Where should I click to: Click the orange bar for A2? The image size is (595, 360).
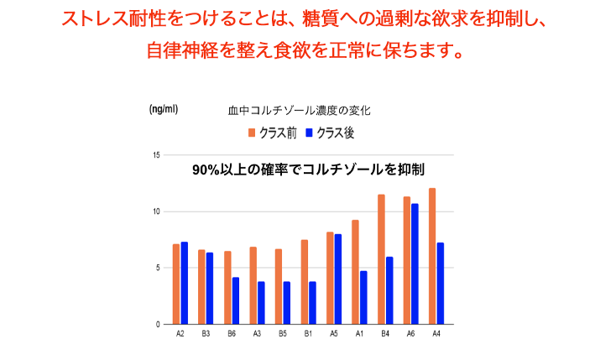(x=176, y=284)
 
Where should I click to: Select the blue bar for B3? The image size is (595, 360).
(x=210, y=288)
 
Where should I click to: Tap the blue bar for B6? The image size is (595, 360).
(x=236, y=300)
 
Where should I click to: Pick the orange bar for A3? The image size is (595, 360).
(x=253, y=285)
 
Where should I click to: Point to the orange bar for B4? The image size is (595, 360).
(x=381, y=259)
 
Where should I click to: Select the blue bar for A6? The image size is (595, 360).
(x=415, y=263)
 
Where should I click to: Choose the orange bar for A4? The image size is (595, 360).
(x=432, y=256)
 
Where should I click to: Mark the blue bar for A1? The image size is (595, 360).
(x=363, y=297)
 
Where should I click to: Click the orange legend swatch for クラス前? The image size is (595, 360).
(x=250, y=133)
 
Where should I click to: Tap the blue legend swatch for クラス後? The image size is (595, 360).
(x=308, y=133)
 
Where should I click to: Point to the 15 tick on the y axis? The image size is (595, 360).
(x=156, y=155)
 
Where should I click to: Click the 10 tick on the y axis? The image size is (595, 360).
(x=156, y=211)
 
